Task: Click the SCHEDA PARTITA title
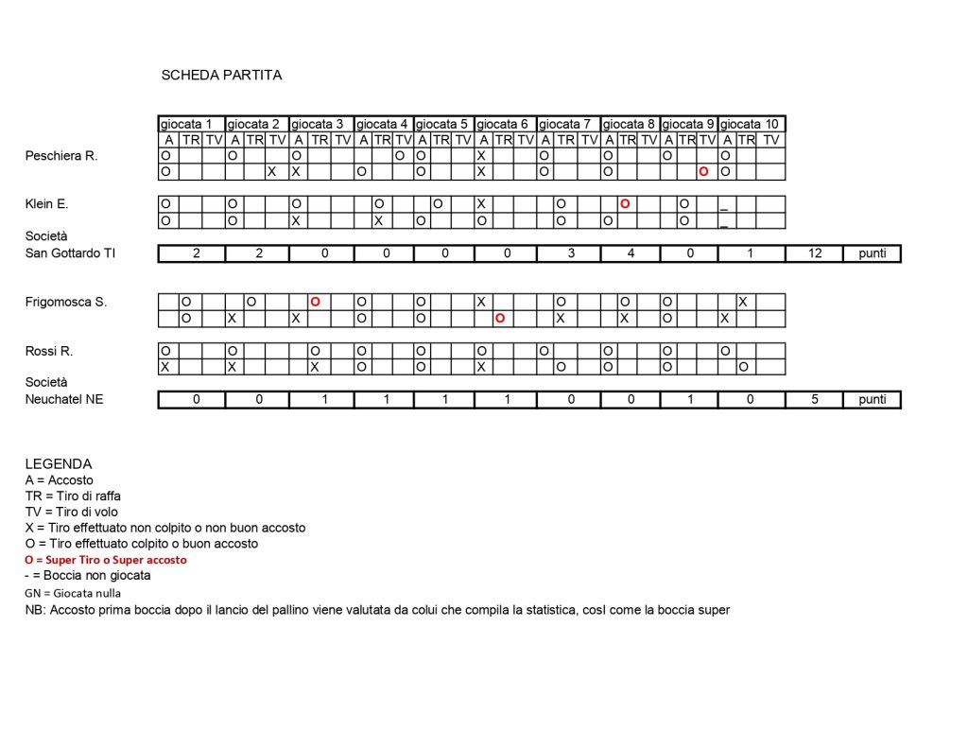tap(221, 76)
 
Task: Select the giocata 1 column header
tap(192, 124)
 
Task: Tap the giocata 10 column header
tap(752, 124)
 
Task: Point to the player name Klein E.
tap(47, 203)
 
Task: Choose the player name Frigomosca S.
tap(66, 302)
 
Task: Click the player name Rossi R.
tap(49, 351)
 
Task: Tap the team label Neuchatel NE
tap(64, 399)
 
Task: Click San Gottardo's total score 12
tap(814, 253)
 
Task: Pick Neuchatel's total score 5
tap(814, 399)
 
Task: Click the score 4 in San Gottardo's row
tap(631, 253)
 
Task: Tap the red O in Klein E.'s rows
tap(625, 204)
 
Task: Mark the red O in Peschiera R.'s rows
tap(703, 172)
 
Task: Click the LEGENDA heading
tap(59, 464)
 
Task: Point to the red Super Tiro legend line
tap(106, 560)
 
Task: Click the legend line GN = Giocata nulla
tap(73, 593)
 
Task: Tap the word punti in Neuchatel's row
tap(872, 399)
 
